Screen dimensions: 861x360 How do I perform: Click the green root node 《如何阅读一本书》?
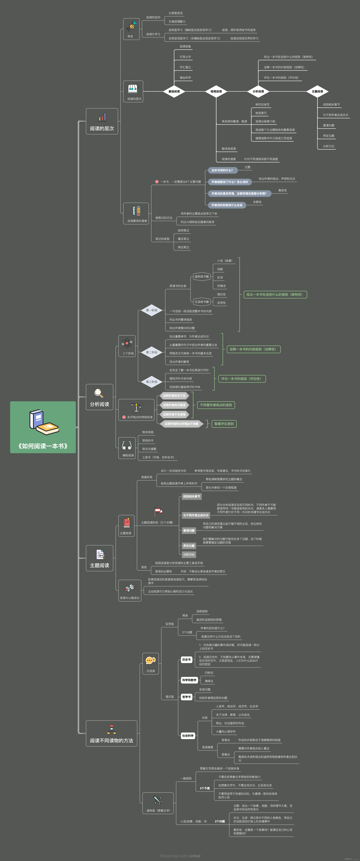43,427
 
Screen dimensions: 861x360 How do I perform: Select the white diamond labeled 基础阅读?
174,91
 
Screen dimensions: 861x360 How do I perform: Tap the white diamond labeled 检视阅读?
216,91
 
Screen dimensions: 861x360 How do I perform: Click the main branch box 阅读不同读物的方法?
111,733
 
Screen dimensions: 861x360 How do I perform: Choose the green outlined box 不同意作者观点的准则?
216,405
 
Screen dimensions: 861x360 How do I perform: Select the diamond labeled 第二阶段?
151,352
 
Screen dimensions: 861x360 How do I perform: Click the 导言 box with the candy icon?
131,28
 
